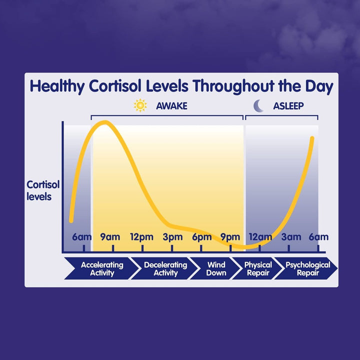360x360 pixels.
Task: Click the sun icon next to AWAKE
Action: tap(140, 105)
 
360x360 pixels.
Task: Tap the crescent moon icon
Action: tap(258, 105)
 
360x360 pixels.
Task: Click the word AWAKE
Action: tap(171, 106)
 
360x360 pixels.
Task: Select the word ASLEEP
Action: tap(288, 106)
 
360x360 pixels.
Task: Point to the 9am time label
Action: tap(110, 237)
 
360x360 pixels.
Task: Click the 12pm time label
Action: tap(141, 237)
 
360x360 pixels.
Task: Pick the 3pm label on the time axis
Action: tap(172, 237)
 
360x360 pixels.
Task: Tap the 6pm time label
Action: tap(202, 237)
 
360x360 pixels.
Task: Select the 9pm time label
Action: tap(230, 237)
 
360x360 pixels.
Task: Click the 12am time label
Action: tap(260, 237)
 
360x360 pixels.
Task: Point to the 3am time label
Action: tap(291, 237)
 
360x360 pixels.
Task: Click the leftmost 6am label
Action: tap(82, 237)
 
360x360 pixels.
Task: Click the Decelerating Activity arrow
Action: tap(165, 268)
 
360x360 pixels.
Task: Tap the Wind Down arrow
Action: tap(216, 268)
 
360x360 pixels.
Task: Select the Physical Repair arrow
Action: tap(258, 268)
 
